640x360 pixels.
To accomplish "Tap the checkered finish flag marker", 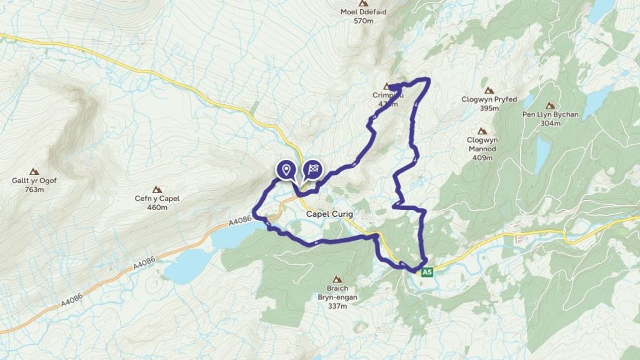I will (x=313, y=169).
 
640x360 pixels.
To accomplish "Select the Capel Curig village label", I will (x=329, y=214).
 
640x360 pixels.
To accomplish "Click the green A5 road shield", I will (x=427, y=272).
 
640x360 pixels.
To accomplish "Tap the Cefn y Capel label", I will (x=157, y=199).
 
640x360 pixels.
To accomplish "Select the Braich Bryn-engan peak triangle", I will (x=337, y=279).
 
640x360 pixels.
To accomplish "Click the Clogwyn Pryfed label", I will (x=489, y=99).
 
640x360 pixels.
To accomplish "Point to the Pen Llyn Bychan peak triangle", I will (x=551, y=106).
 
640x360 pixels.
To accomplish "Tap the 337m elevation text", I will (x=337, y=306).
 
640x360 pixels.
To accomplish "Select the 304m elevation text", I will (x=551, y=123).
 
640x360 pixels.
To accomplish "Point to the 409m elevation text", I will (x=482, y=157).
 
